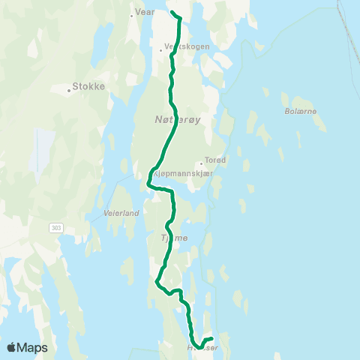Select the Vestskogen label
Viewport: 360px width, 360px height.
(x=187, y=46)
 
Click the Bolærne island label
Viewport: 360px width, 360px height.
(x=302, y=111)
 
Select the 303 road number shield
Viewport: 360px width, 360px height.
(x=57, y=226)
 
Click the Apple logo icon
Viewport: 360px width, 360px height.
(x=12, y=347)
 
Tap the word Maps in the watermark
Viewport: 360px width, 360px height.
(x=33, y=347)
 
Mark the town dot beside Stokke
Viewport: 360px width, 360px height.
(x=69, y=90)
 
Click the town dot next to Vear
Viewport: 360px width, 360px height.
(x=131, y=13)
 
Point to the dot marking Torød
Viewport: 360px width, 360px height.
(x=202, y=163)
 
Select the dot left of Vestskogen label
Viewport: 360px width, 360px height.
(x=163, y=50)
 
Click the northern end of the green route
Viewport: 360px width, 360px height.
(x=173, y=13)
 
